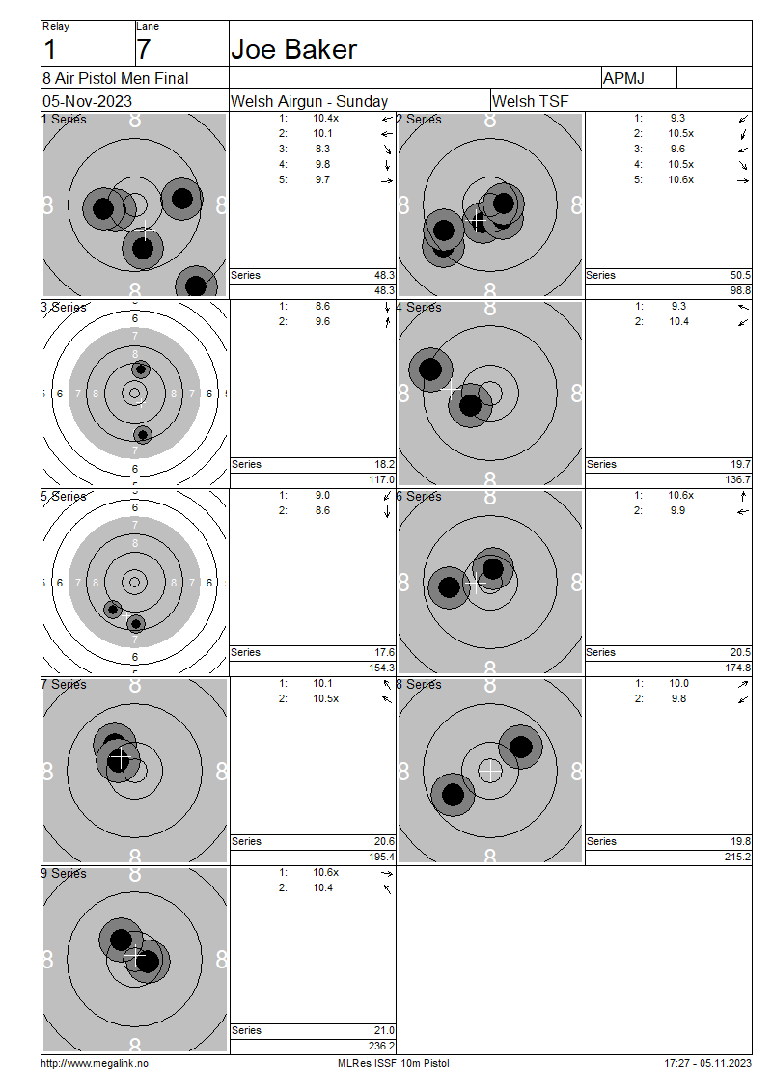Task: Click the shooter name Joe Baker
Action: tap(293, 49)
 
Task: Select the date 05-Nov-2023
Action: tap(87, 101)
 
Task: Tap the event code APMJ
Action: tap(623, 78)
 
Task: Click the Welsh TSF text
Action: tap(530, 101)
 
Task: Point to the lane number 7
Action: tap(143, 49)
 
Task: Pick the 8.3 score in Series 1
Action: tap(322, 149)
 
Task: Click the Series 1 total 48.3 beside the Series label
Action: tap(384, 275)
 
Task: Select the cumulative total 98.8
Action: tap(740, 290)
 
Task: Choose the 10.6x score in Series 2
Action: tap(681, 179)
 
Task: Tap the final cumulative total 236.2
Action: tap(381, 1046)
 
